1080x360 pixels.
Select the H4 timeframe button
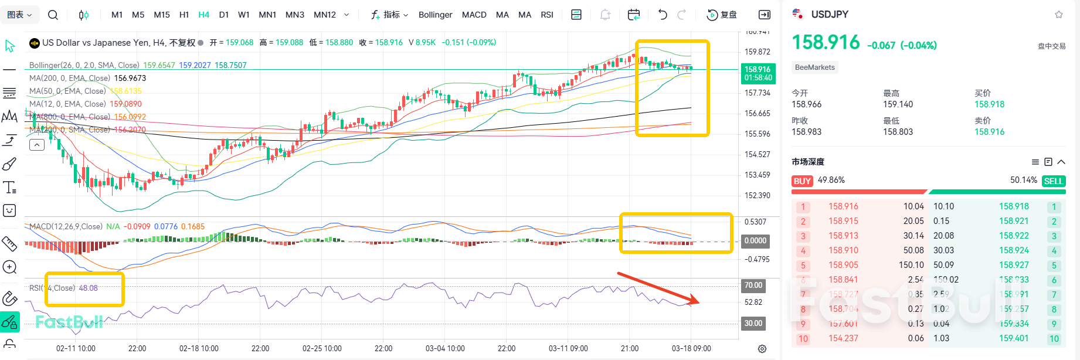click(x=203, y=15)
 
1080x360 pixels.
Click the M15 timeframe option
click(x=161, y=15)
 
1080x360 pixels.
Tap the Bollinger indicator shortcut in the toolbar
click(x=435, y=15)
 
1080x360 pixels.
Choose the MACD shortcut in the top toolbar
click(x=474, y=15)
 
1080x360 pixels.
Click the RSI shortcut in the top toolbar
click(x=546, y=15)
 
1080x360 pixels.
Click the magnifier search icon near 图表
click(x=53, y=15)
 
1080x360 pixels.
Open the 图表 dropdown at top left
click(x=19, y=15)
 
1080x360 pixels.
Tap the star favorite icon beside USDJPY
click(x=1058, y=15)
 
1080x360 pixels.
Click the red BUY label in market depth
click(x=802, y=181)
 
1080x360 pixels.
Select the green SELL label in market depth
click(x=1053, y=181)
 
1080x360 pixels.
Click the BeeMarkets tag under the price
click(x=814, y=67)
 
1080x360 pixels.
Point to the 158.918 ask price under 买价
click(x=989, y=104)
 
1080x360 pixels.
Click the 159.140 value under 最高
click(x=898, y=104)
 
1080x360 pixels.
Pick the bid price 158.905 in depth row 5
click(x=843, y=265)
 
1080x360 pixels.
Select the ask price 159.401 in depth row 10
click(x=1014, y=338)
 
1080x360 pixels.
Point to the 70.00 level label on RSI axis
click(x=753, y=286)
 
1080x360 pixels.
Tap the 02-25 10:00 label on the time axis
click(x=322, y=348)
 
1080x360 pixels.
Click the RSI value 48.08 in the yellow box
click(x=89, y=288)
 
